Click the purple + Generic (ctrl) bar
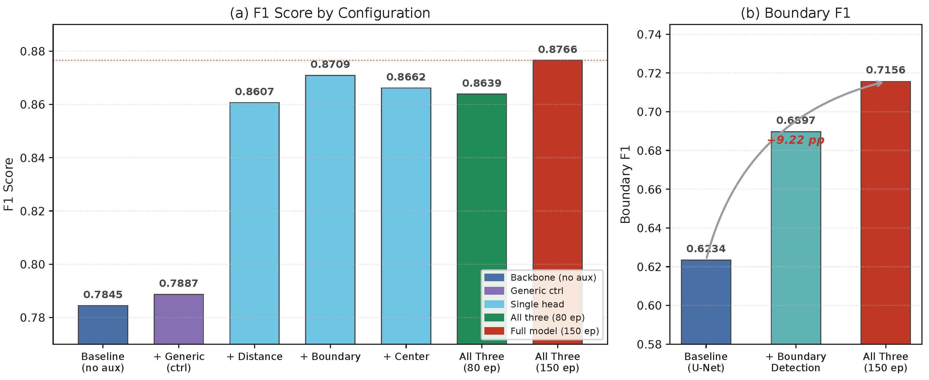178,319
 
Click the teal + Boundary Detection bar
796,238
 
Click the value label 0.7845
103,295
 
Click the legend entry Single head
537,304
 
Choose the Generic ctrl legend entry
536,291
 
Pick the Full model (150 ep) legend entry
554,331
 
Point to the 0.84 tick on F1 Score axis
32,158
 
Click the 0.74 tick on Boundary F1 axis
649,35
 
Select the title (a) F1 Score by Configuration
330,13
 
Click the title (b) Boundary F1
796,13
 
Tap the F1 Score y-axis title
9,184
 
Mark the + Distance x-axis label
254,357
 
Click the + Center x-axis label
406,357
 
